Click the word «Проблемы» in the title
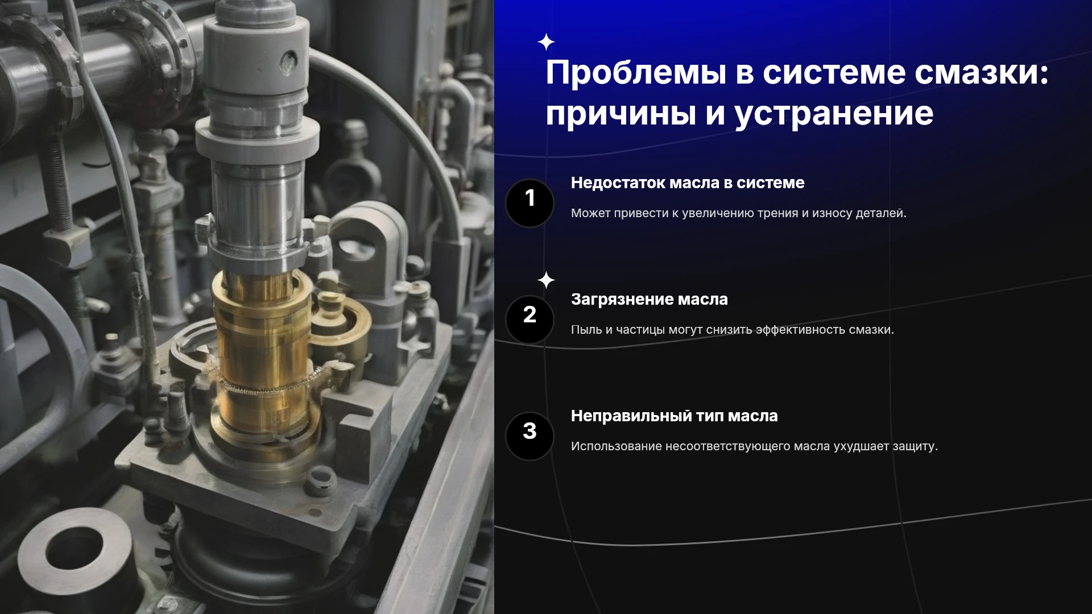pyautogui.click(x=635, y=73)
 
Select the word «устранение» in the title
pyautogui.click(x=834, y=114)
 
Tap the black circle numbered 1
pyautogui.click(x=530, y=203)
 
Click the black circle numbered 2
pyautogui.click(x=530, y=320)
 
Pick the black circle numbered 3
pyautogui.click(x=530, y=436)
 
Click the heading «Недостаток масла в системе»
pyautogui.click(x=688, y=183)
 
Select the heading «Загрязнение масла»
pyautogui.click(x=650, y=300)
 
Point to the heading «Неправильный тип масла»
pyautogui.click(x=674, y=416)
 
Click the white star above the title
pyautogui.click(x=546, y=42)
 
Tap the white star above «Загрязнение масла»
pyautogui.click(x=546, y=280)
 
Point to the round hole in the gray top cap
pyautogui.click(x=289, y=59)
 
